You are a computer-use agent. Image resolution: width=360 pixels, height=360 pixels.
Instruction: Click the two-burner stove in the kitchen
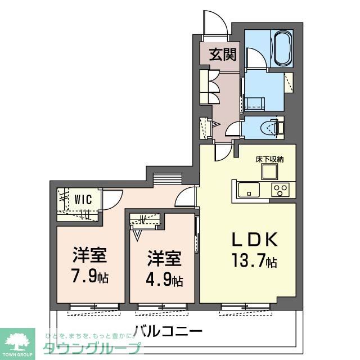(280, 190)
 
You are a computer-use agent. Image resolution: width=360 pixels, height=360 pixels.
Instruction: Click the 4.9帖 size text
(164, 280)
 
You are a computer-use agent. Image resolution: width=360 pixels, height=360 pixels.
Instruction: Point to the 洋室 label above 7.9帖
(89, 256)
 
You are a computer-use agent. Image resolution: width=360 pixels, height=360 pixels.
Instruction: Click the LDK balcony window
(242, 307)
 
